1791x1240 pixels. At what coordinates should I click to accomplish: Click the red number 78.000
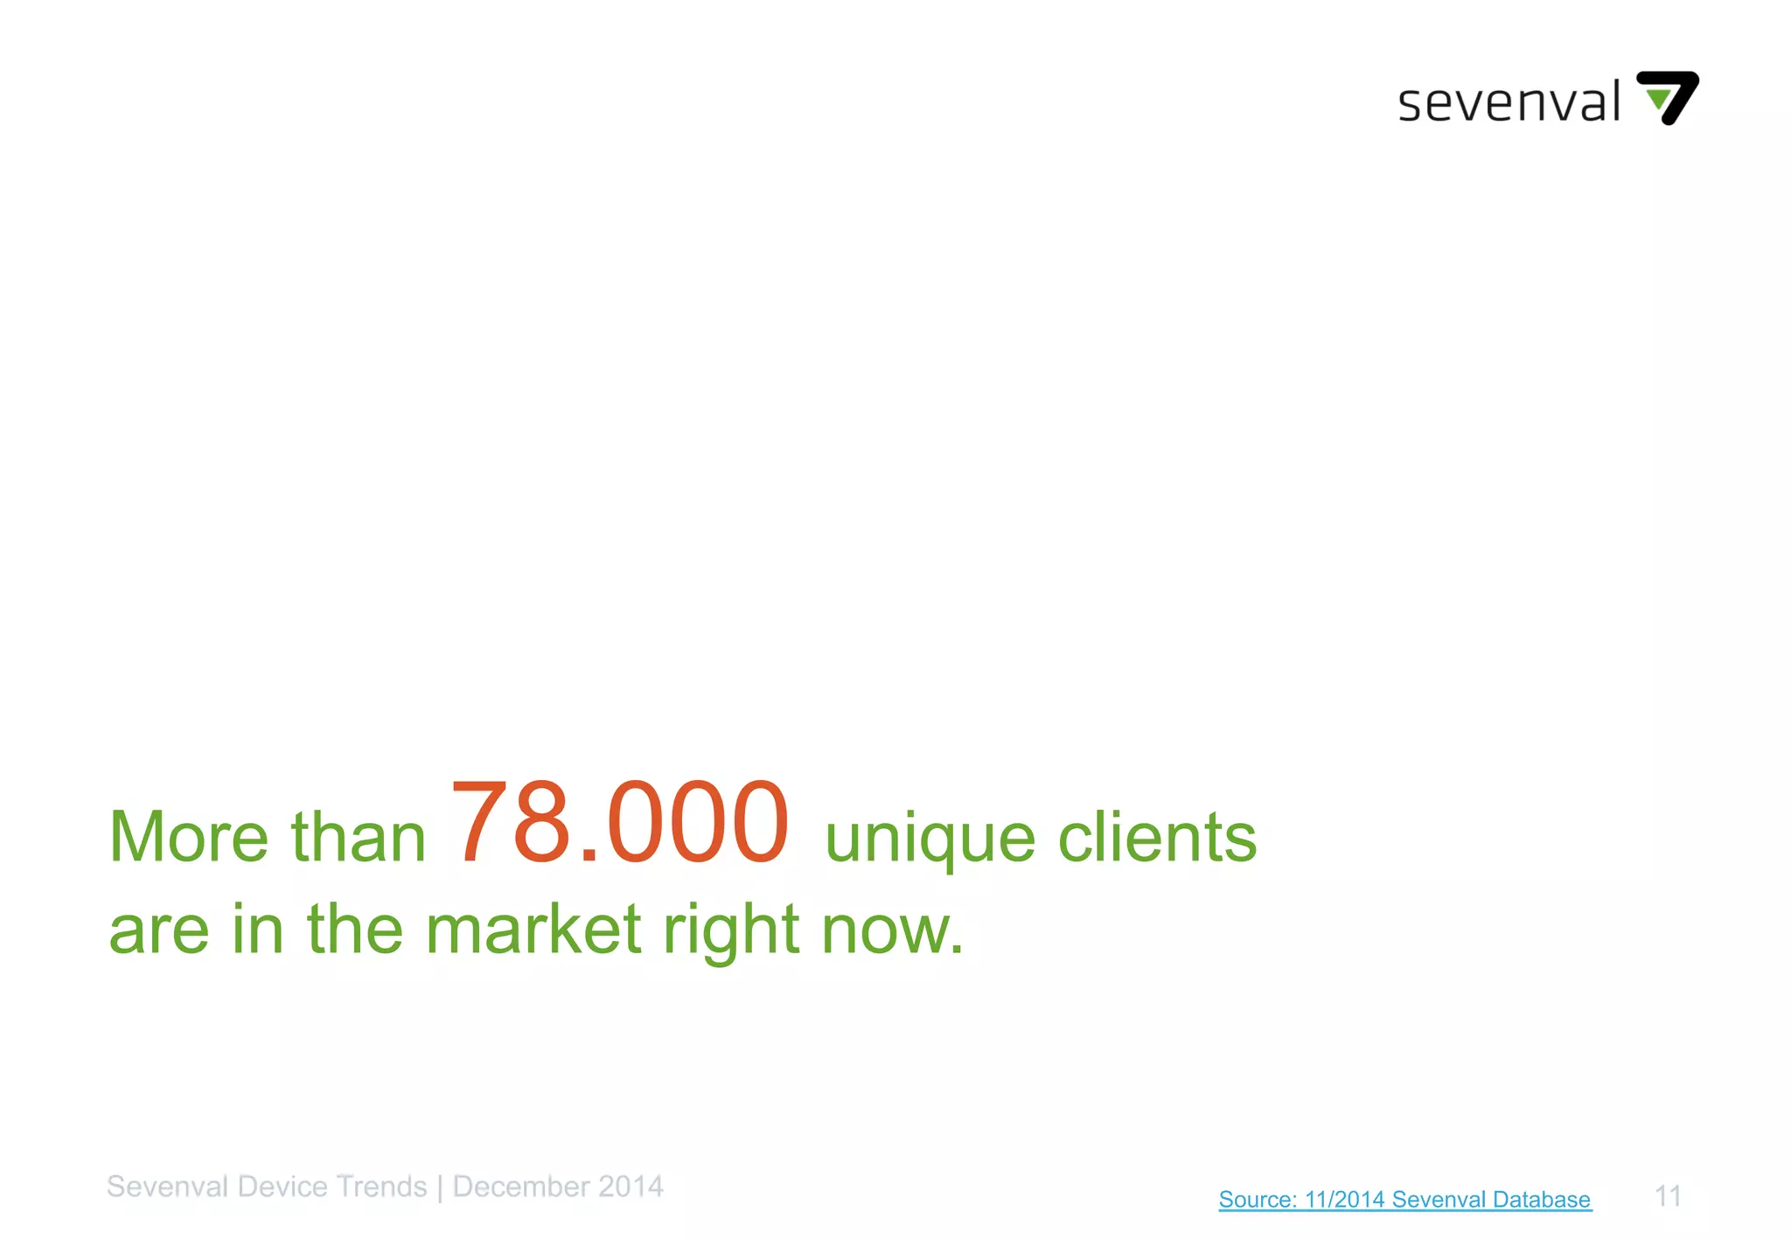[620, 823]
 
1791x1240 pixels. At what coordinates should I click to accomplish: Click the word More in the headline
[188, 838]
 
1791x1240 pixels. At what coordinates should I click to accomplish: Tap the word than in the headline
[358, 838]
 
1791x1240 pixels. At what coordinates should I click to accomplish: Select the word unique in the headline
[930, 839]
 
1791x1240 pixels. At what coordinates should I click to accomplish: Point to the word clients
[1157, 838]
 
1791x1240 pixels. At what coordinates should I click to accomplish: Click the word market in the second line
[533, 929]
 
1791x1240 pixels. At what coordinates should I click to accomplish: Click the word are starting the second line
[159, 930]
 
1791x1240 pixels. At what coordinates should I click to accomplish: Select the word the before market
[354, 929]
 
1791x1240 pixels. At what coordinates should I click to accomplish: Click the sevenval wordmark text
[1509, 102]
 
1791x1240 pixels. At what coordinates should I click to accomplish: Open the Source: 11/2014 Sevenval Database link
[1404, 1199]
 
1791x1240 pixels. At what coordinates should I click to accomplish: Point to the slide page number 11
[1668, 1195]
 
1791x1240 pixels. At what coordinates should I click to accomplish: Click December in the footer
[521, 1187]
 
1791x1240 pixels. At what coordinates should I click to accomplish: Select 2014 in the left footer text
[631, 1187]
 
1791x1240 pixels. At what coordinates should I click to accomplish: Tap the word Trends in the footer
[381, 1187]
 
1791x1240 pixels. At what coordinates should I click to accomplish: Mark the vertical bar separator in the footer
[440, 1188]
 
